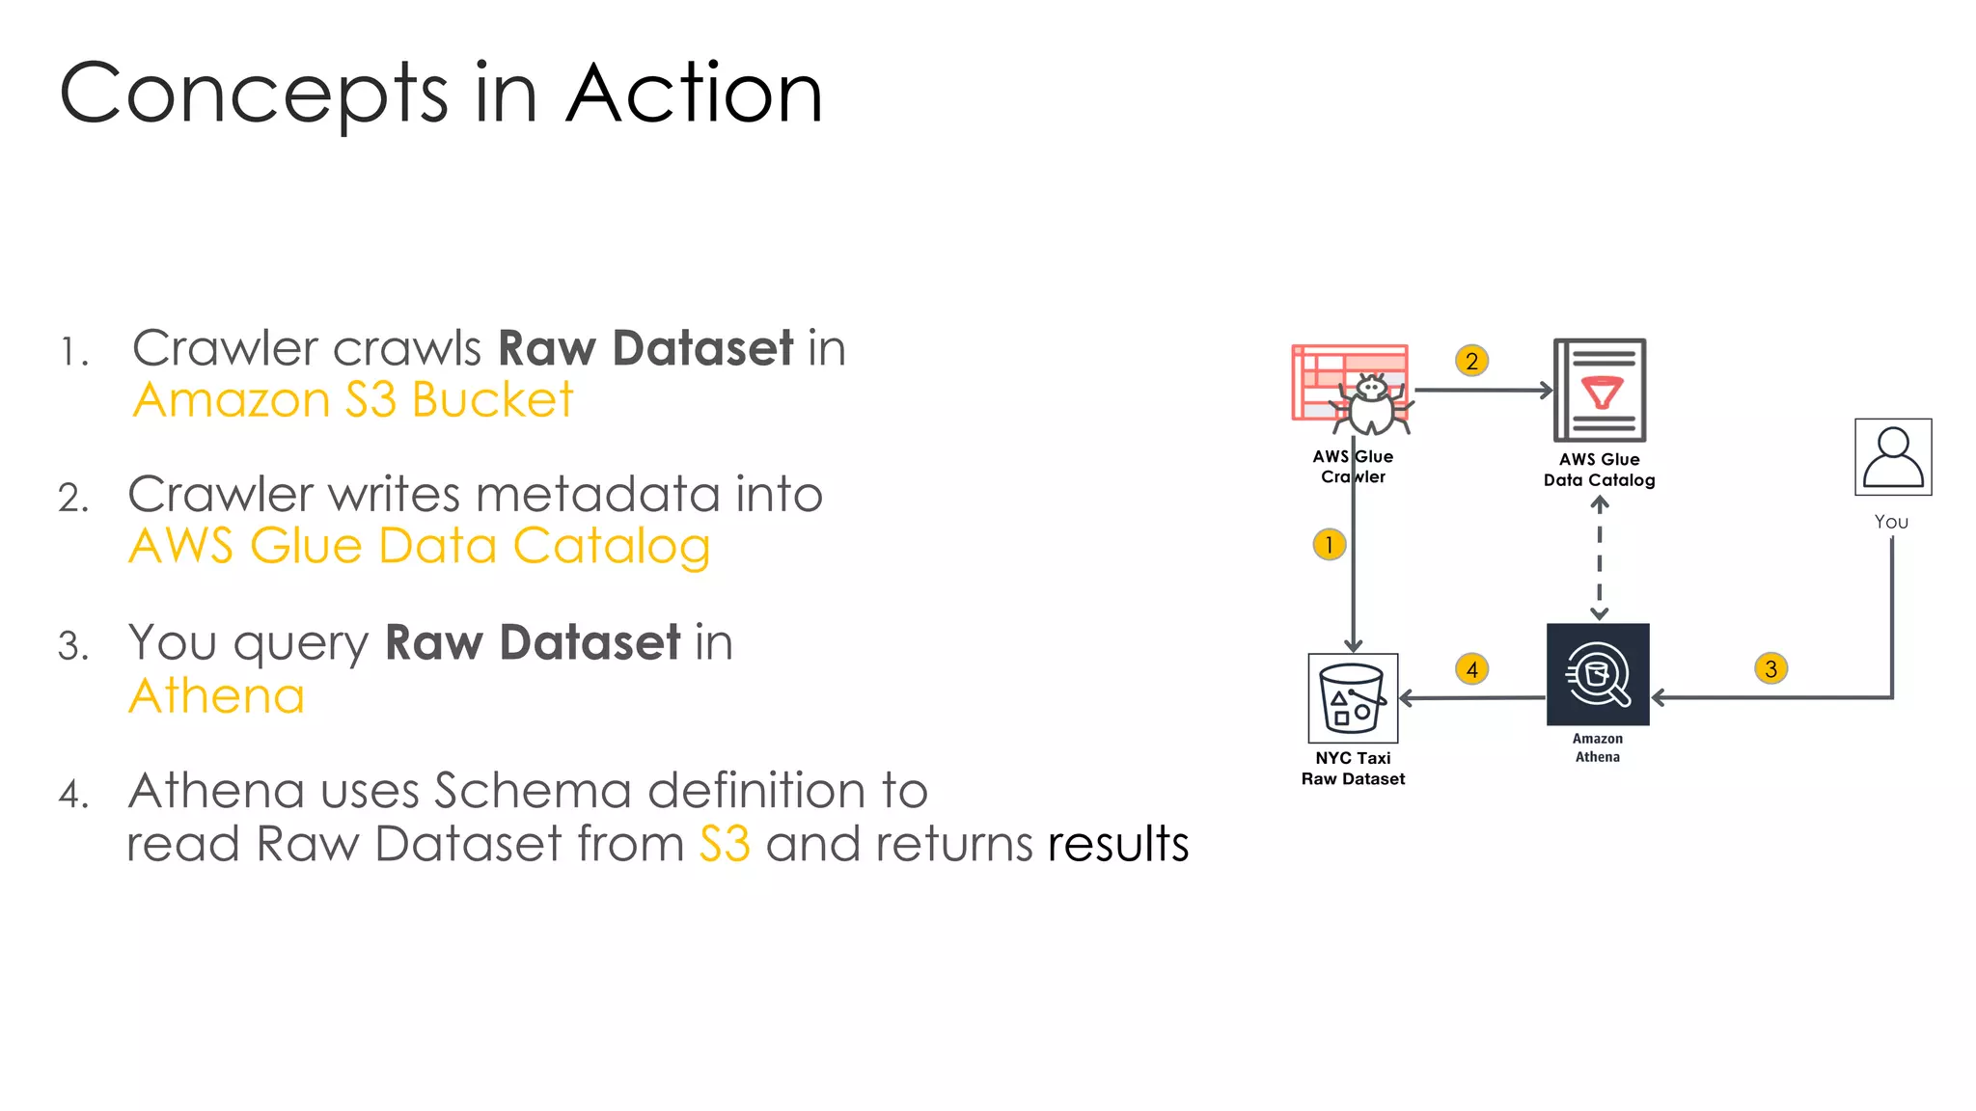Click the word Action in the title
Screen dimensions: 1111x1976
coord(694,94)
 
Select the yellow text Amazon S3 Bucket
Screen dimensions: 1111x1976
coord(353,399)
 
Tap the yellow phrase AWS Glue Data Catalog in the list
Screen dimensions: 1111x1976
coord(420,546)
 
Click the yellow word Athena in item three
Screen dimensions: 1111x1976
coord(217,695)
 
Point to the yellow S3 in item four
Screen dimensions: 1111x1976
coord(725,844)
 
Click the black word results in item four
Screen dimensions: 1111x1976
coord(1117,844)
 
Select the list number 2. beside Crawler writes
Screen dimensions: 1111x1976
coord(73,499)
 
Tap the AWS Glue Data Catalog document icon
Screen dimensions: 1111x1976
coord(1599,390)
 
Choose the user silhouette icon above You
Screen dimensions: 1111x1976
coord(1892,457)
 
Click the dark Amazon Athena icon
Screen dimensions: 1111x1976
coord(1598,674)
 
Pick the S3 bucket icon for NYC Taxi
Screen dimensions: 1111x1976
coord(1353,698)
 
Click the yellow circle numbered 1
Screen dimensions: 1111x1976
coord(1329,545)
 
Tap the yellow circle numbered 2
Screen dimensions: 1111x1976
coord(1471,361)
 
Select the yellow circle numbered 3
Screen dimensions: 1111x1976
coord(1770,668)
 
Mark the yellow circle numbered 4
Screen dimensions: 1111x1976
coord(1471,668)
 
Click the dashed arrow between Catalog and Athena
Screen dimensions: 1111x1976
coord(1599,559)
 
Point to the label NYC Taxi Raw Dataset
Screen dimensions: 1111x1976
coord(1353,769)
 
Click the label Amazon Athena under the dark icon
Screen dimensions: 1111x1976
coord(1598,747)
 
